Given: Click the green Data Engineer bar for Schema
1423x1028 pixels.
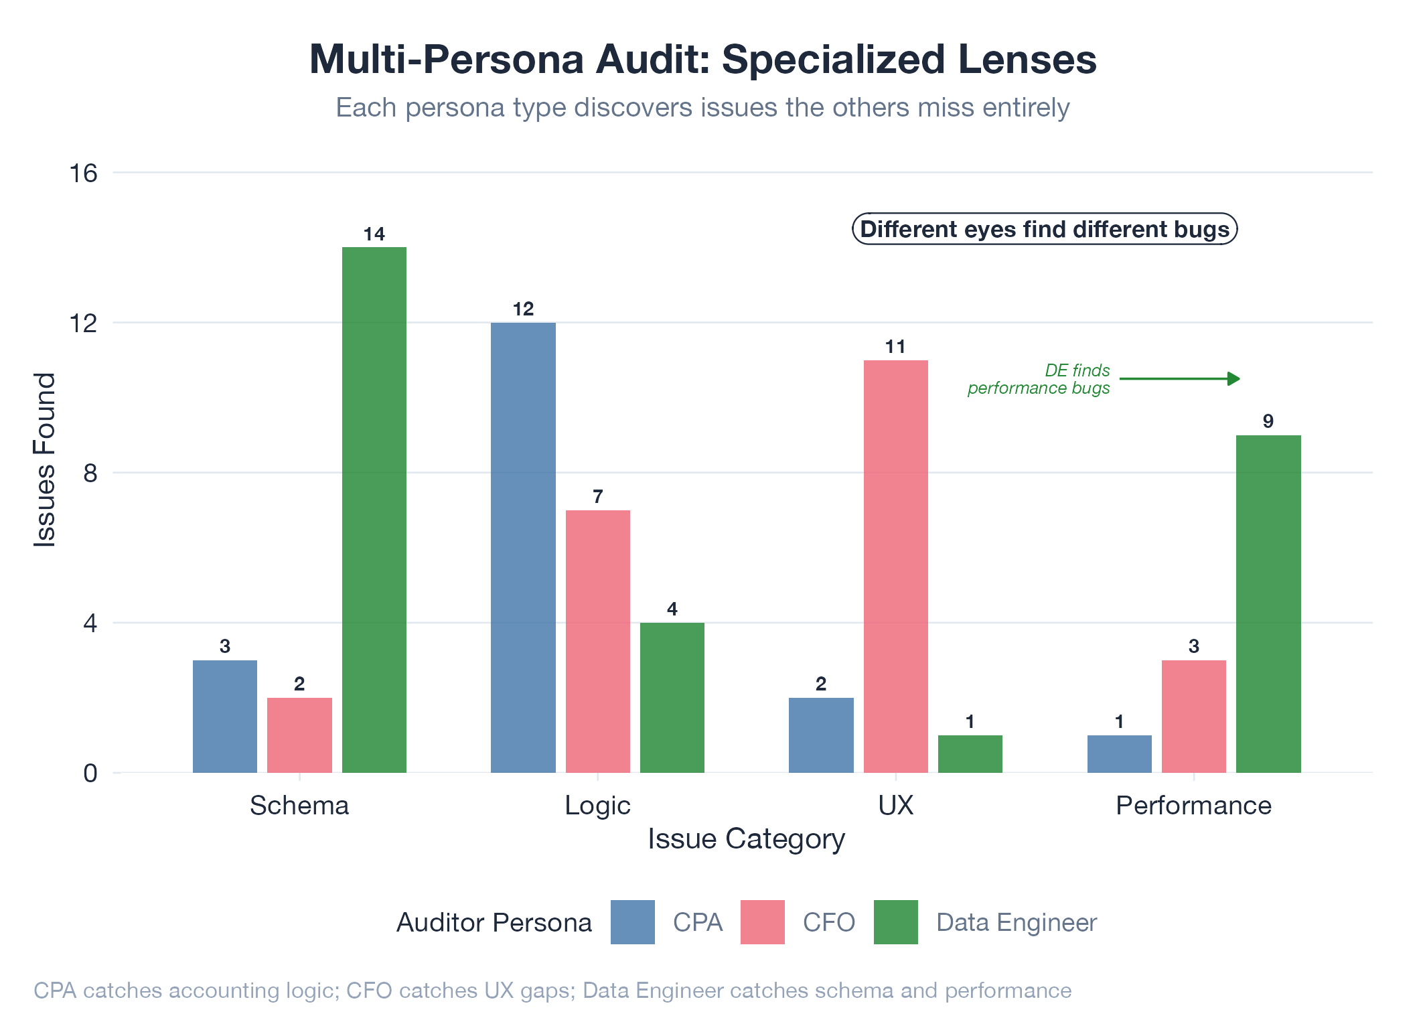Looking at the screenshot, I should pyautogui.click(x=374, y=509).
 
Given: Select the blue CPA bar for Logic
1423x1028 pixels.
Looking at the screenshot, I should pyautogui.click(x=523, y=547).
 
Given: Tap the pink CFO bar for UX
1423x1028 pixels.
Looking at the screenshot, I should pyautogui.click(x=895, y=566).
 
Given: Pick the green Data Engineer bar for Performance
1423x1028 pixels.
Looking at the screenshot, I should pyautogui.click(x=1268, y=603).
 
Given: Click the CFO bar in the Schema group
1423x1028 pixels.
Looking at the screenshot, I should pyautogui.click(x=299, y=735).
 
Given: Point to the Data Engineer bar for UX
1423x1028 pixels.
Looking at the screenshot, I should pyautogui.click(x=970, y=753).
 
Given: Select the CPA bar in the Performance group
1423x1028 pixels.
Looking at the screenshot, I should pyautogui.click(x=1119, y=753).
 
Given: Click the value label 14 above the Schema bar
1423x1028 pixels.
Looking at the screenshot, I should pyautogui.click(x=374, y=234).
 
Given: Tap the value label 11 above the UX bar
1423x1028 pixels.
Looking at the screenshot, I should pyautogui.click(x=895, y=346).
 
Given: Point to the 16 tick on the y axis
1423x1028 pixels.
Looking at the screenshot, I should pyautogui.click(x=84, y=173).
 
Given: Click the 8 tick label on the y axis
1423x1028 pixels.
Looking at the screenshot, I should pyautogui.click(x=90, y=473).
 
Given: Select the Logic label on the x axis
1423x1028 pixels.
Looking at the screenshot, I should pyautogui.click(x=597, y=805).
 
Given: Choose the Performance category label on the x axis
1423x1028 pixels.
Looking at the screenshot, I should pyautogui.click(x=1193, y=805).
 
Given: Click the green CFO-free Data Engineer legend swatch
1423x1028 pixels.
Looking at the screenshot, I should pyautogui.click(x=895, y=922).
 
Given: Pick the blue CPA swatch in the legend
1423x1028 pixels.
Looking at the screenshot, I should pyautogui.click(x=632, y=922).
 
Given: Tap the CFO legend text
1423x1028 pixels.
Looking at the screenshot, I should pyautogui.click(x=828, y=922).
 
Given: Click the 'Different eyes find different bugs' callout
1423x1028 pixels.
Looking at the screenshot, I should pyautogui.click(x=1044, y=229).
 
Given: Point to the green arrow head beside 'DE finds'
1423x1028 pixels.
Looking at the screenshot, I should pyautogui.click(x=1233, y=379).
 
